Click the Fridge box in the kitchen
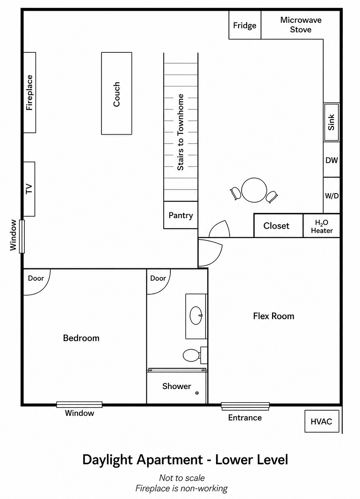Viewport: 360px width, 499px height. [245, 25]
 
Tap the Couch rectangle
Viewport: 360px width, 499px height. [116, 93]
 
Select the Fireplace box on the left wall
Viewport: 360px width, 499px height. [30, 92]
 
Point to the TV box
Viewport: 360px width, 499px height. [29, 189]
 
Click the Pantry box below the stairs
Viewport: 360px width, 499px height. [180, 215]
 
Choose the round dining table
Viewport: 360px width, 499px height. [254, 190]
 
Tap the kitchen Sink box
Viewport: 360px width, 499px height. [332, 122]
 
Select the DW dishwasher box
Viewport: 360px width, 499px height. [332, 160]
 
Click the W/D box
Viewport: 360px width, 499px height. [332, 196]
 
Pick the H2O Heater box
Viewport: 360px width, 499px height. [322, 226]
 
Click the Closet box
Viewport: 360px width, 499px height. [278, 226]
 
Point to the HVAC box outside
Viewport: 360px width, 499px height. [322, 421]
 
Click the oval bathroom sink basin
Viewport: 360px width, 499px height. [196, 315]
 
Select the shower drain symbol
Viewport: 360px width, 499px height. [197, 393]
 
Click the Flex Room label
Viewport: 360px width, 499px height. [274, 316]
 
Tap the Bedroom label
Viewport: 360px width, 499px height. [81, 338]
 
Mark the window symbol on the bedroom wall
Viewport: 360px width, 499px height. [79, 404]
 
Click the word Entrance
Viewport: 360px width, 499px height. [245, 417]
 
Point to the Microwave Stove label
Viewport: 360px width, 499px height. [301, 25]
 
